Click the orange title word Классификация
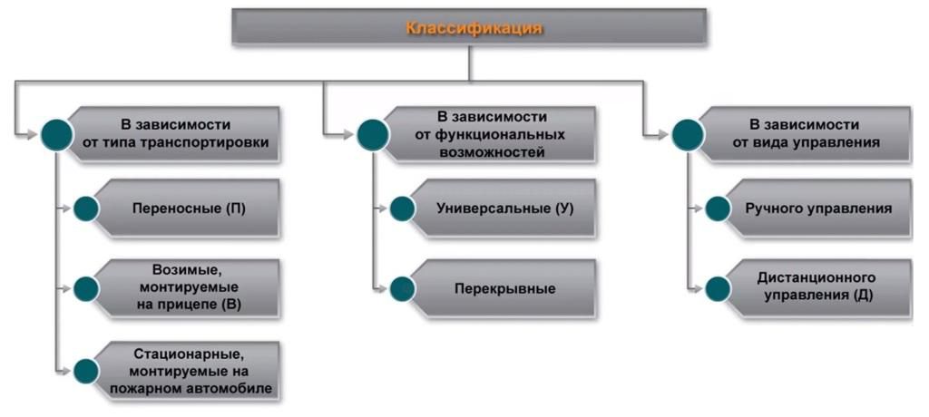pos(474,27)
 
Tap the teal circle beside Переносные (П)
pos(86,208)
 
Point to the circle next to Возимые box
pos(86,288)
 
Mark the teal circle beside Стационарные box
pos(86,370)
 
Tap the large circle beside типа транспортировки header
pos(56,134)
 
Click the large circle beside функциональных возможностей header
pos(372,134)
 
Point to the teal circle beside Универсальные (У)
pos(402,208)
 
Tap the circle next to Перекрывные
pos(402,288)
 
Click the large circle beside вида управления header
pos(688,134)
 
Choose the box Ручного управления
pos(817,208)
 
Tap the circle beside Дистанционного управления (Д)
pos(718,288)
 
